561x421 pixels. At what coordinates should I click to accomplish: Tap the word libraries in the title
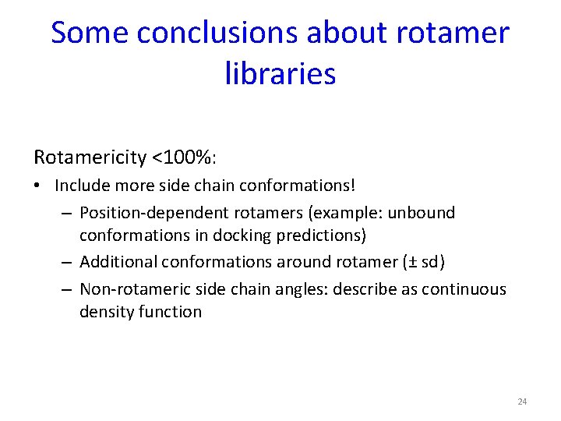click(x=280, y=74)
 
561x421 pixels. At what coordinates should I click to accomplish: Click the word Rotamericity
click(x=90, y=158)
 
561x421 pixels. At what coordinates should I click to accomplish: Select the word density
click(x=106, y=312)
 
